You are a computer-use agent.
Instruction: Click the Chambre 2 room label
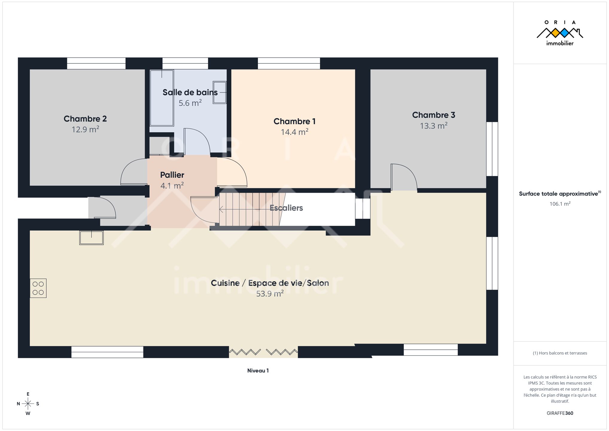pyautogui.click(x=85, y=119)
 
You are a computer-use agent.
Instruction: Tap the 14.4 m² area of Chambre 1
pyautogui.click(x=294, y=132)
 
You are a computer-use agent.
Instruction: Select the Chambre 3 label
pyautogui.click(x=434, y=115)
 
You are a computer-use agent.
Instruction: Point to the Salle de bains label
pyautogui.click(x=190, y=92)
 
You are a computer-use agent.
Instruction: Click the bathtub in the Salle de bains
pyautogui.click(x=162, y=98)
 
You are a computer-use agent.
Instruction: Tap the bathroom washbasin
pyautogui.click(x=220, y=92)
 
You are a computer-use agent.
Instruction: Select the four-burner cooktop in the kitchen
pyautogui.click(x=38, y=288)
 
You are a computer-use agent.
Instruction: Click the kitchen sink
pyautogui.click(x=91, y=238)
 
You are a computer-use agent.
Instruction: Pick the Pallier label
pyautogui.click(x=172, y=175)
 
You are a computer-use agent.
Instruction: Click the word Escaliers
pyautogui.click(x=286, y=208)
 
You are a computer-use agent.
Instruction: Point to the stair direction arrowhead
pyautogui.click(x=221, y=209)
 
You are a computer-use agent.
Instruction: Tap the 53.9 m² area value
pyautogui.click(x=270, y=294)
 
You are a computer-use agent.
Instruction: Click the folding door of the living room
pyautogui.click(x=263, y=352)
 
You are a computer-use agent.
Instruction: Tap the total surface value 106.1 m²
pyautogui.click(x=560, y=204)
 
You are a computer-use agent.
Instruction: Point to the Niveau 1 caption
pyautogui.click(x=258, y=371)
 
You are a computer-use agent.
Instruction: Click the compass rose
pyautogui.click(x=28, y=404)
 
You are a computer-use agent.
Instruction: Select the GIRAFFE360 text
pyautogui.click(x=560, y=413)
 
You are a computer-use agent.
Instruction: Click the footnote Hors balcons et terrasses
pyautogui.click(x=560, y=353)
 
